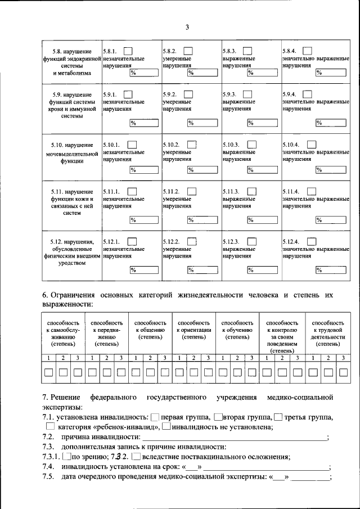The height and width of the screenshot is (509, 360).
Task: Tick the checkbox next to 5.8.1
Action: pos(129,51)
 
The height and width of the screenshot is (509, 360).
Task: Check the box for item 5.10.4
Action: pos(312,145)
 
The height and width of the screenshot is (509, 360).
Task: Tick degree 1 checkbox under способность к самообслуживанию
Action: pos(49,372)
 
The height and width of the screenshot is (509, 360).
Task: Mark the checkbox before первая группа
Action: pos(155,417)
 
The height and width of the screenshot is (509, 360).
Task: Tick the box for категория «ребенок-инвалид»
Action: pos(51,427)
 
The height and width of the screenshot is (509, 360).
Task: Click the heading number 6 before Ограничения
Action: pos(44,294)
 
